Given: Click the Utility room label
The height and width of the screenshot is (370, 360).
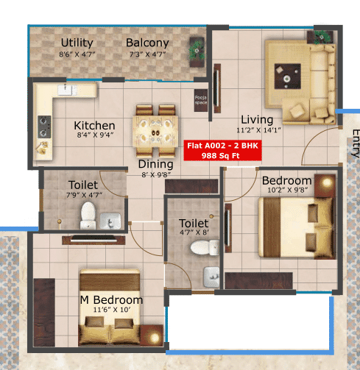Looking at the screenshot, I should [77, 42].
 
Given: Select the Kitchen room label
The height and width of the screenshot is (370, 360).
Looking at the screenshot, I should [95, 125].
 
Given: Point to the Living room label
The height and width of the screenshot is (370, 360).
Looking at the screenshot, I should [257, 120].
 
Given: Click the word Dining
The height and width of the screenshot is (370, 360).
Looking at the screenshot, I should [155, 165].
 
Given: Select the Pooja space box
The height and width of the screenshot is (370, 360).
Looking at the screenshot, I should [200, 102].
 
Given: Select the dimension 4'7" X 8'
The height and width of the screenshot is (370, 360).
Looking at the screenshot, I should [194, 232].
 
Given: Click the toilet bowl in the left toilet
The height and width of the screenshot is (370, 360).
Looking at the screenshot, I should [88, 216].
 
